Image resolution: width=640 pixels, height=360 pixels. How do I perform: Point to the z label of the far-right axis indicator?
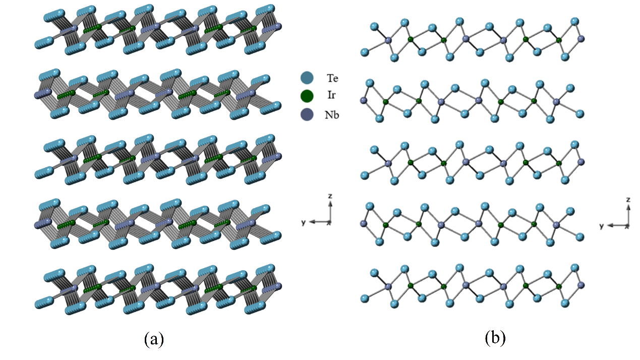[628, 200]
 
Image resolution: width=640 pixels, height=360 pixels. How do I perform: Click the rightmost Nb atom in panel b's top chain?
[580, 38]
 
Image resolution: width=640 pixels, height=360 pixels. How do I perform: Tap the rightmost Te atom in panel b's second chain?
[580, 113]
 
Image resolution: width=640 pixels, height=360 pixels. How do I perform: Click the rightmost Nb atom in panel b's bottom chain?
[580, 286]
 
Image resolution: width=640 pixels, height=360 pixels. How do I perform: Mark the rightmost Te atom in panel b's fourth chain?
[580, 236]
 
